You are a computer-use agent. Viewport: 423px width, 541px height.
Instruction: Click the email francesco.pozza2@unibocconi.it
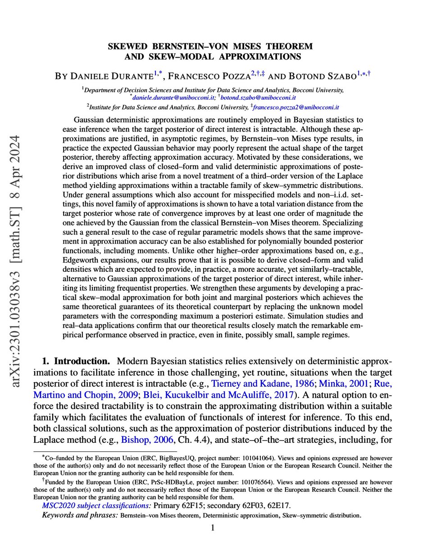point(296,108)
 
